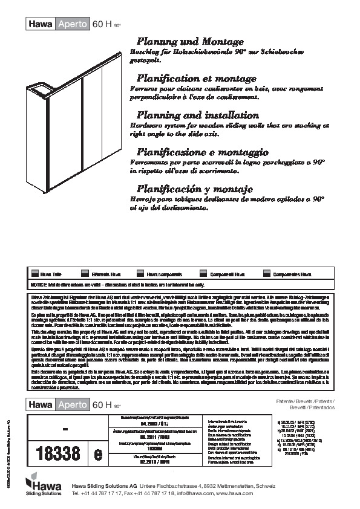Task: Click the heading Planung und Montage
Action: (191, 42)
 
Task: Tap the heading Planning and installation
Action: (189, 115)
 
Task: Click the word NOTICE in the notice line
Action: (39, 284)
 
